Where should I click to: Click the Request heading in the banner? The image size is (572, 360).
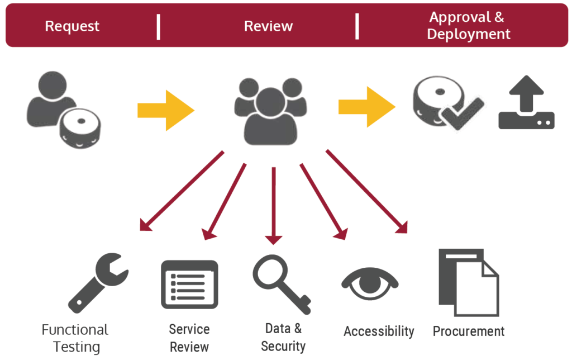coord(72,26)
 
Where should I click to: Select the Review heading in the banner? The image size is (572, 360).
coord(268,26)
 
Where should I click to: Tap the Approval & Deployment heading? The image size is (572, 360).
coord(468,26)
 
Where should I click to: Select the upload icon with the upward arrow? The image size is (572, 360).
coord(526,103)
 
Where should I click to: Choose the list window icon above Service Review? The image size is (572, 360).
coord(189,284)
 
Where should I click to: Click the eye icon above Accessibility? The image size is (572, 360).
coord(370,282)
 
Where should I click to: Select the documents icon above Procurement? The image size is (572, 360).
coord(468,282)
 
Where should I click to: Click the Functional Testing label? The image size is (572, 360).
coord(75,338)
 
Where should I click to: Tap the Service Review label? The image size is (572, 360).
coord(189,338)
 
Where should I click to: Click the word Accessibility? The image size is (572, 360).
coord(379,331)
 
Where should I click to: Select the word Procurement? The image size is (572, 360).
coord(469,331)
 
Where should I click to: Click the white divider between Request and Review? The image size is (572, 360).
coord(159,26)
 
